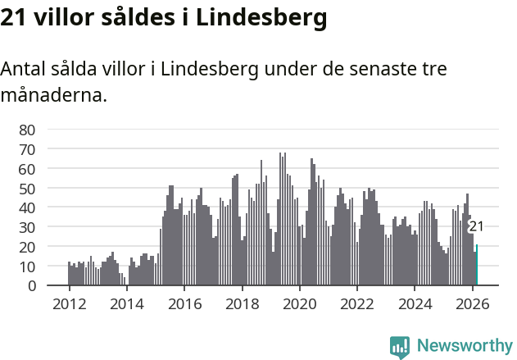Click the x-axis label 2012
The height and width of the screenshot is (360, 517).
click(x=68, y=303)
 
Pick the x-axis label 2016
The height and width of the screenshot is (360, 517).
click(x=184, y=303)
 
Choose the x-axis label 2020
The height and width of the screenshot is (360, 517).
click(x=299, y=303)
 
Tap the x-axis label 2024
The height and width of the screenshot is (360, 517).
click(x=415, y=303)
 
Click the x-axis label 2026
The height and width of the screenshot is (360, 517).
click(x=472, y=303)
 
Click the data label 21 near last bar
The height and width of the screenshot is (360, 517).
click(x=476, y=227)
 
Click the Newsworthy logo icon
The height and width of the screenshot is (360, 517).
click(x=400, y=346)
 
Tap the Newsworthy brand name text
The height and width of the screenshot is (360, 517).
click(x=464, y=346)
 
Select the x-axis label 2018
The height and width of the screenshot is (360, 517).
click(x=242, y=303)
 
